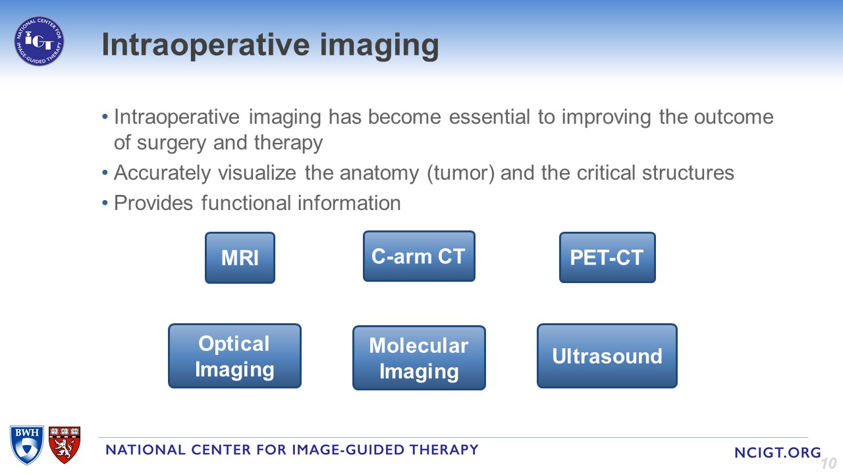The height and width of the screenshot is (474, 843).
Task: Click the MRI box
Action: click(x=240, y=257)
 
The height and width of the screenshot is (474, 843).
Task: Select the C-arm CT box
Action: click(x=419, y=256)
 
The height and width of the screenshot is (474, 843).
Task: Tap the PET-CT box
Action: click(x=607, y=257)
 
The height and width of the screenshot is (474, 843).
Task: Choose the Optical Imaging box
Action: click(x=234, y=356)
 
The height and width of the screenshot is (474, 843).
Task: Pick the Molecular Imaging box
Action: click(x=419, y=357)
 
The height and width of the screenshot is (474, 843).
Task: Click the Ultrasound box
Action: click(x=607, y=356)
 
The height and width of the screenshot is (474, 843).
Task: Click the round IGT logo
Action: click(x=39, y=41)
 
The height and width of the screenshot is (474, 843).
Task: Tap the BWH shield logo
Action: click(x=27, y=445)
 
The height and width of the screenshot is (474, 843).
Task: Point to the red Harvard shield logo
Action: click(x=65, y=444)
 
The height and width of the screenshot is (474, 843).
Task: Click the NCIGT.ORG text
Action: click(x=778, y=452)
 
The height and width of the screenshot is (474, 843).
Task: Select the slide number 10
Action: click(x=829, y=463)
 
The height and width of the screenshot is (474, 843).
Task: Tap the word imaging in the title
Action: click(x=379, y=47)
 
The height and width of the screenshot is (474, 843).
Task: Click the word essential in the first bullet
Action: click(x=489, y=117)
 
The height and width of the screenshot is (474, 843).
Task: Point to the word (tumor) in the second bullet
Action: click(x=460, y=174)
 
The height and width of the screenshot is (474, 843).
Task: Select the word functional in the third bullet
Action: click(x=246, y=203)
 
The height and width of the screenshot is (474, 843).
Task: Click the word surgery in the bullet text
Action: click(x=171, y=144)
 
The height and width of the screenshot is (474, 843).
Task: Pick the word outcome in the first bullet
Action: click(x=734, y=117)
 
